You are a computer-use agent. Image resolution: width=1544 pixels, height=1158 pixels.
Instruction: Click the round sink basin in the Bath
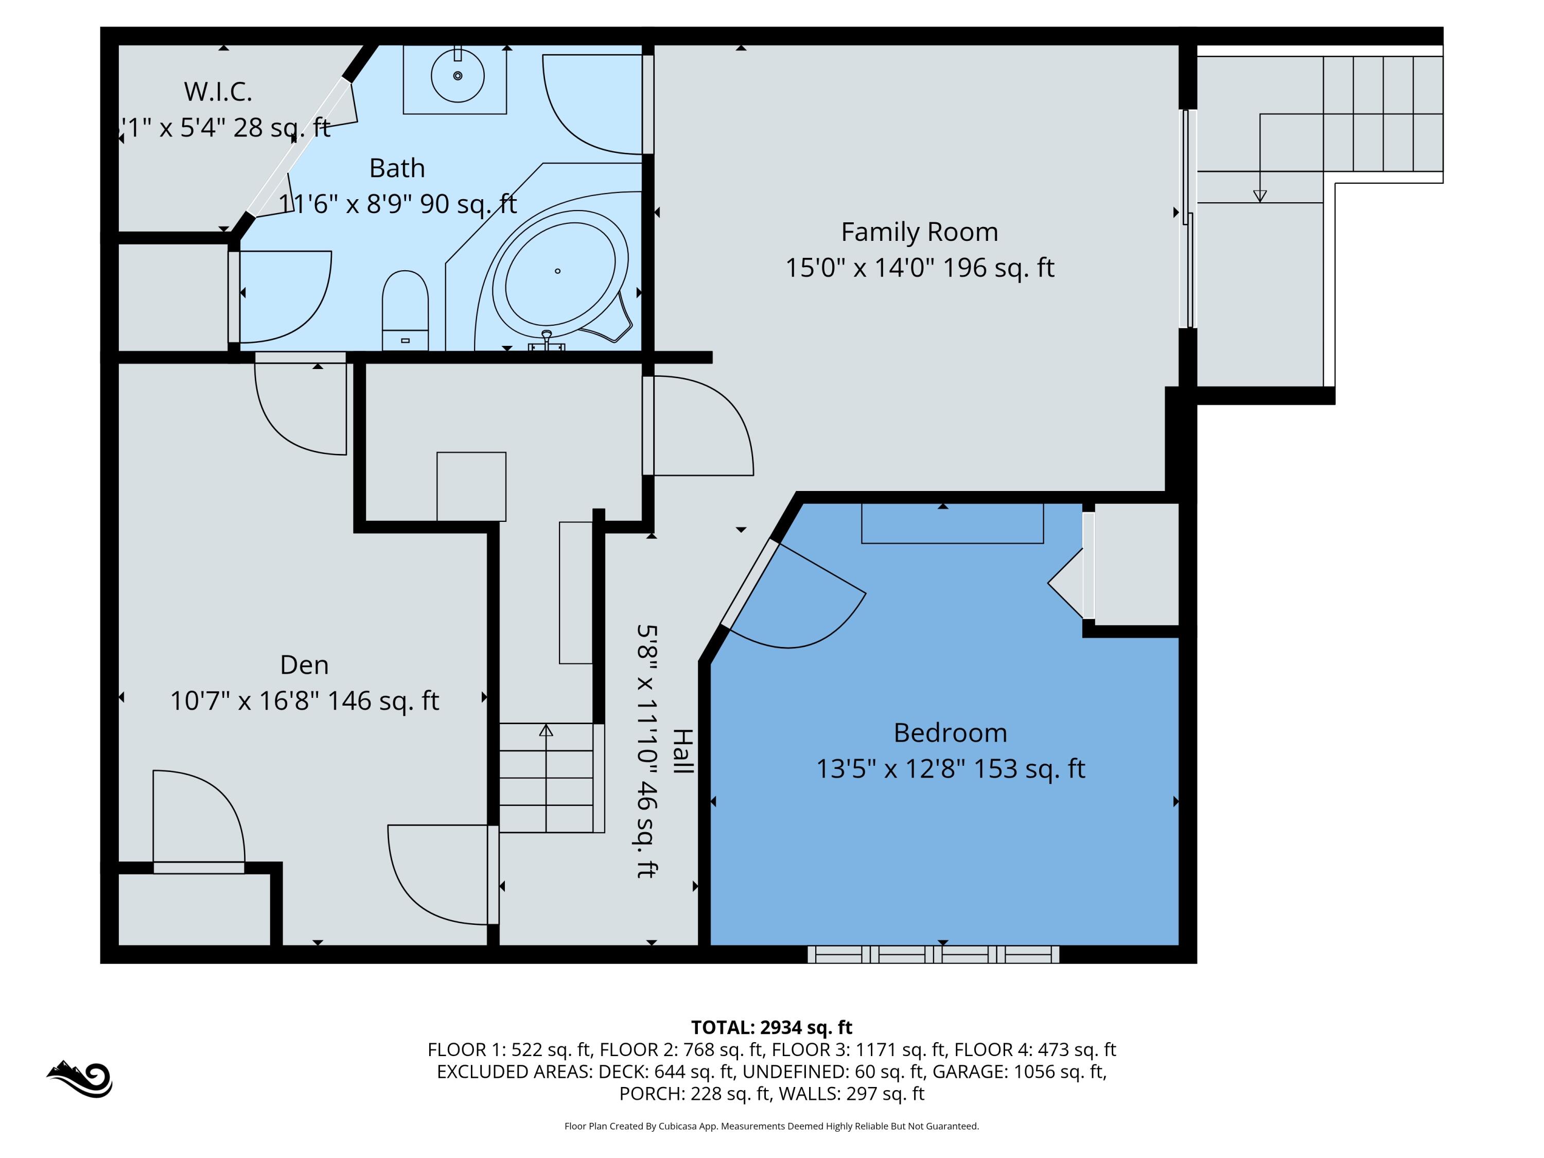coord(457,75)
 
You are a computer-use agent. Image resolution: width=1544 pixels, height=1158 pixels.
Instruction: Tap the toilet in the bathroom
coord(405,311)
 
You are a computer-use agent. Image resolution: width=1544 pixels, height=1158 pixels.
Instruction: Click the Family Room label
coord(919,232)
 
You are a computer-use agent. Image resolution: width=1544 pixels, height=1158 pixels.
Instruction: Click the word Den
coord(304,664)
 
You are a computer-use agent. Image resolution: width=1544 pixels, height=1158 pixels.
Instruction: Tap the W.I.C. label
coord(218,92)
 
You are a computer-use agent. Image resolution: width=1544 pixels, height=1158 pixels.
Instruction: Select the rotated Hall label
coord(682,751)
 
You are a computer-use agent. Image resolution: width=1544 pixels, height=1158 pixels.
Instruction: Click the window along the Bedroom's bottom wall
coord(933,954)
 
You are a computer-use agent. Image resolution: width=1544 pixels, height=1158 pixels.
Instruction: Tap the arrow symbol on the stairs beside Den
coord(546,731)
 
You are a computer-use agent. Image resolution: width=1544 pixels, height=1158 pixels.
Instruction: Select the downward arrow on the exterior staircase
coord(1259,196)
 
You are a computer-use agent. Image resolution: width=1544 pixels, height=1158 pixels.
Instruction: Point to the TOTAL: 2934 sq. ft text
coord(771,1027)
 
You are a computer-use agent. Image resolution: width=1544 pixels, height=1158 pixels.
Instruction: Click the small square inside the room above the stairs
coord(471,486)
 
